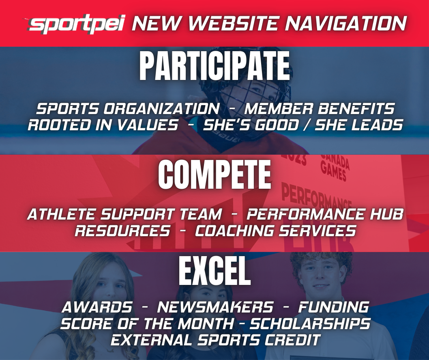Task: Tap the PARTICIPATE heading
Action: [214, 67]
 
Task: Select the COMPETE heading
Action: [214, 175]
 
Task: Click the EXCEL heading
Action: [214, 272]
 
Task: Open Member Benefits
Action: [320, 109]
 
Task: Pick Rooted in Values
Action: [103, 125]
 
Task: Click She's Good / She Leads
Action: [302, 125]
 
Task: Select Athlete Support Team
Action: [124, 214]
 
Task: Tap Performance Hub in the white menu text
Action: [325, 214]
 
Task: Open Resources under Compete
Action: [122, 231]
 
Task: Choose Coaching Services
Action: [275, 231]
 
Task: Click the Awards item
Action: [97, 307]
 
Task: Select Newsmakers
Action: [215, 307]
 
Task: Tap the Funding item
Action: [333, 307]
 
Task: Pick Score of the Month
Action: [147, 323]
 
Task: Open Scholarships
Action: [309, 323]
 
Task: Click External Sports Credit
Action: [215, 340]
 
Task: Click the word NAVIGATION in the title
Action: [345, 24]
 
